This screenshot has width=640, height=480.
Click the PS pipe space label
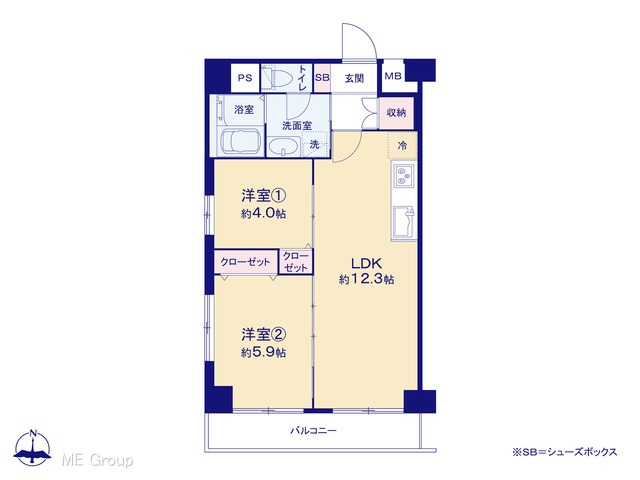point(245,78)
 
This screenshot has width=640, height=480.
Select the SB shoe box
point(322,78)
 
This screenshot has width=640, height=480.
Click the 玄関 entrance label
point(354,78)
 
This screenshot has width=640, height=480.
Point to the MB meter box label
point(393,76)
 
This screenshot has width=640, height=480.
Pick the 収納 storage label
point(396,112)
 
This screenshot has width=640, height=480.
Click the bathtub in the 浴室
point(240,142)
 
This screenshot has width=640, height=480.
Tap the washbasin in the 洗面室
point(284,147)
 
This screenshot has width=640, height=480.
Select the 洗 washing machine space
point(314,144)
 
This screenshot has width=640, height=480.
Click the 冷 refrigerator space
point(402,145)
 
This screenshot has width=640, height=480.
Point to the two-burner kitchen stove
point(403,176)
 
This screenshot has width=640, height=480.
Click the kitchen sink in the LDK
point(403,222)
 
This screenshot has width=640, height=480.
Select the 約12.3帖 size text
point(366,280)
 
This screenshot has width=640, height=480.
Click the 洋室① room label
point(263,196)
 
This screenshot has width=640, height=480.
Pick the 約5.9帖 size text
point(263,352)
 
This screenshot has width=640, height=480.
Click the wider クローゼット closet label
point(245,262)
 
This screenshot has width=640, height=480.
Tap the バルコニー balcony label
point(313,430)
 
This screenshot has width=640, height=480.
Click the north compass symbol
point(33,447)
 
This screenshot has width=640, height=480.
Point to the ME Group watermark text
point(97,460)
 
